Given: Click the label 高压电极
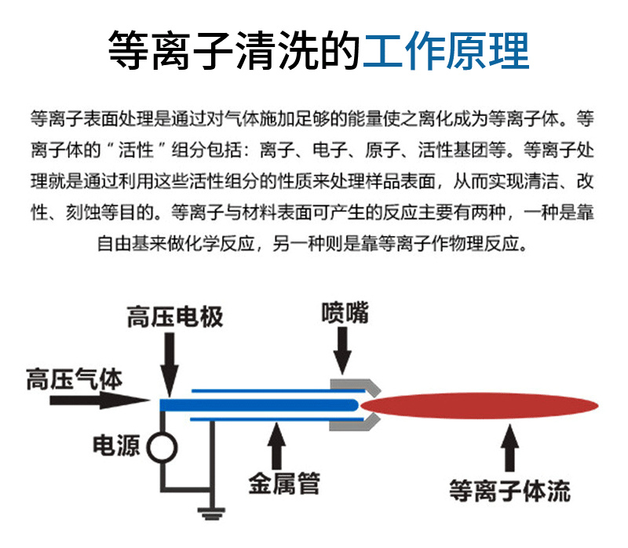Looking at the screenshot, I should tap(175, 317).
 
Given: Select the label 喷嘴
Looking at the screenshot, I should tap(344, 312).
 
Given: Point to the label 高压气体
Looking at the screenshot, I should tap(74, 380).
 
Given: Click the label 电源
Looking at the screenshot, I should tap(116, 445).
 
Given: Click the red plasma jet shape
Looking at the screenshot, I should tap(479, 405).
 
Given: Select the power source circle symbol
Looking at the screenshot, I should tap(162, 447).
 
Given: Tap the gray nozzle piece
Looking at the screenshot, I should tap(357, 405).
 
